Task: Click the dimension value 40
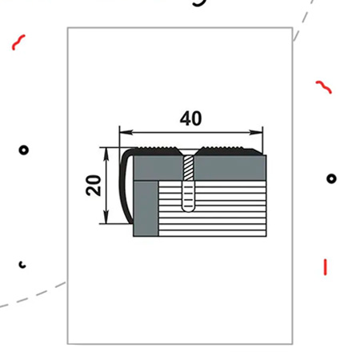pyautogui.click(x=190, y=118)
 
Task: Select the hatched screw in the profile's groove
pyautogui.click(x=188, y=169)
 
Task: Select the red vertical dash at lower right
pyautogui.click(x=325, y=266)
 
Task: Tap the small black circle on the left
pyautogui.click(x=24, y=150)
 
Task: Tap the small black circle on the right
pyautogui.click(x=331, y=178)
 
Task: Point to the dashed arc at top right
pyautogui.click(x=302, y=20)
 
